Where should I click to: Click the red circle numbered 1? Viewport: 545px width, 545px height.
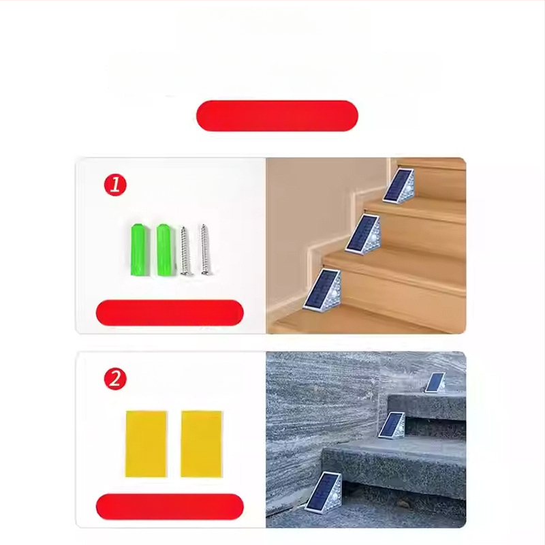point(115,185)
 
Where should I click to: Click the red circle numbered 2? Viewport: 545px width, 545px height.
point(115,379)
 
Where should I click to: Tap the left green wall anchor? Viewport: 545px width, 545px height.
point(139,249)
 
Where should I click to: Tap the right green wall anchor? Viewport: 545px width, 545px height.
point(163,249)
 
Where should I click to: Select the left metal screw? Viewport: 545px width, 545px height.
point(185,251)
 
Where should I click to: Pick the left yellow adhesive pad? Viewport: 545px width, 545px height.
point(146,444)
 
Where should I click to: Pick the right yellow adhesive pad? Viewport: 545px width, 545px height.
point(201,444)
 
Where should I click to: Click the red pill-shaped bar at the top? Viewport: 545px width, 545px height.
point(277,116)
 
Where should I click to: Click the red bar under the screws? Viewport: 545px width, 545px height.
point(170,313)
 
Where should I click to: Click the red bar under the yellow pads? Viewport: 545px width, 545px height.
point(170,507)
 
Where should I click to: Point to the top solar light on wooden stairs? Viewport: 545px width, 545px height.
point(399,185)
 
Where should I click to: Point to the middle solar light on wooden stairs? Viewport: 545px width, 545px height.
point(363,234)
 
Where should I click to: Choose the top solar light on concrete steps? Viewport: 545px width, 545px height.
point(435,382)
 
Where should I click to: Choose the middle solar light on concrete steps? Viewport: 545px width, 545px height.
point(392,425)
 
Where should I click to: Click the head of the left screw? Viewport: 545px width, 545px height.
point(185,274)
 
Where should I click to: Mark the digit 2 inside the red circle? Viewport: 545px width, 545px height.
point(115,379)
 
